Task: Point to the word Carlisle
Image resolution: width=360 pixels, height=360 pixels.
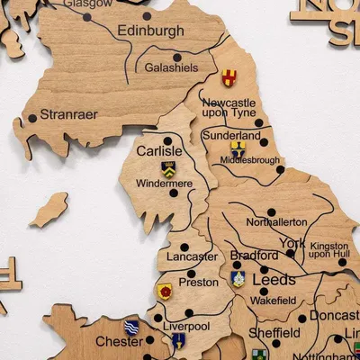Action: (158, 151)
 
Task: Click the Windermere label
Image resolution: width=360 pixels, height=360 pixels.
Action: (164, 184)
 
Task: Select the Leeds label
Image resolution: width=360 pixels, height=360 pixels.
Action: (274, 280)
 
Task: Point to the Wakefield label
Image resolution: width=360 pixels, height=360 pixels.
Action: (274, 301)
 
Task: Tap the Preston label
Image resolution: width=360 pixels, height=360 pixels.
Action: (198, 282)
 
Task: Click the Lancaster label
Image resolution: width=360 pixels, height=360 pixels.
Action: (192, 256)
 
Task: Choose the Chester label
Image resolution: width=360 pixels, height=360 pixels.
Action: (119, 342)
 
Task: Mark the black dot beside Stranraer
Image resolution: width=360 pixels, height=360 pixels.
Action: (32, 117)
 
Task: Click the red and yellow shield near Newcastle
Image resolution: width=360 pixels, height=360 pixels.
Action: (230, 78)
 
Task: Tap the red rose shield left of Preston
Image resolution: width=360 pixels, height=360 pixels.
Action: (165, 291)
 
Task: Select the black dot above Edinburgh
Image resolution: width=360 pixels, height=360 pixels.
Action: (147, 15)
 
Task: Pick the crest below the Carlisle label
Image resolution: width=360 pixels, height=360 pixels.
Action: (168, 168)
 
